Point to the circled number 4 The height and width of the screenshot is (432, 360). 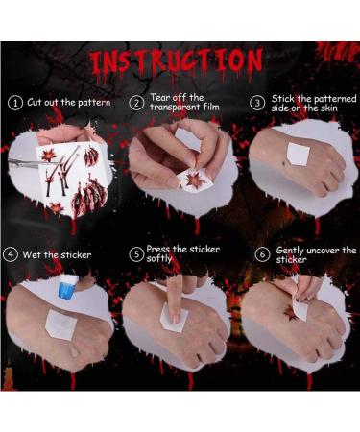12,255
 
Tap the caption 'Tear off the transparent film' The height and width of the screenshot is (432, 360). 182,103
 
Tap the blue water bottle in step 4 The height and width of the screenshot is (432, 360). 66,285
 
